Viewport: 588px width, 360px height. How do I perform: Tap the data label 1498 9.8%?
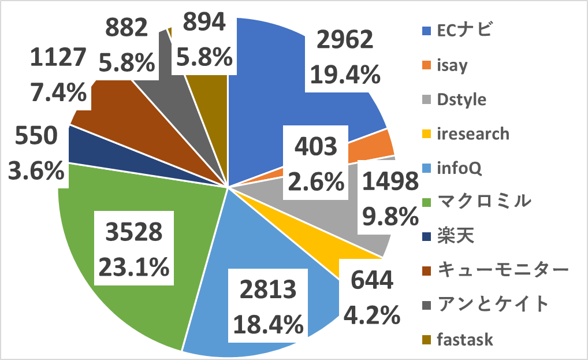tap(389, 199)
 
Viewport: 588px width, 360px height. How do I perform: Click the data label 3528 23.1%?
tap(134, 250)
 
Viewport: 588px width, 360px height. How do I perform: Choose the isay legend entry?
tap(445, 65)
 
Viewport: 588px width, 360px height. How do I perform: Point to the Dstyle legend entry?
tap(453, 99)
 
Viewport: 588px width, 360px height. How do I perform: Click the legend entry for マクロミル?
tap(474, 202)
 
